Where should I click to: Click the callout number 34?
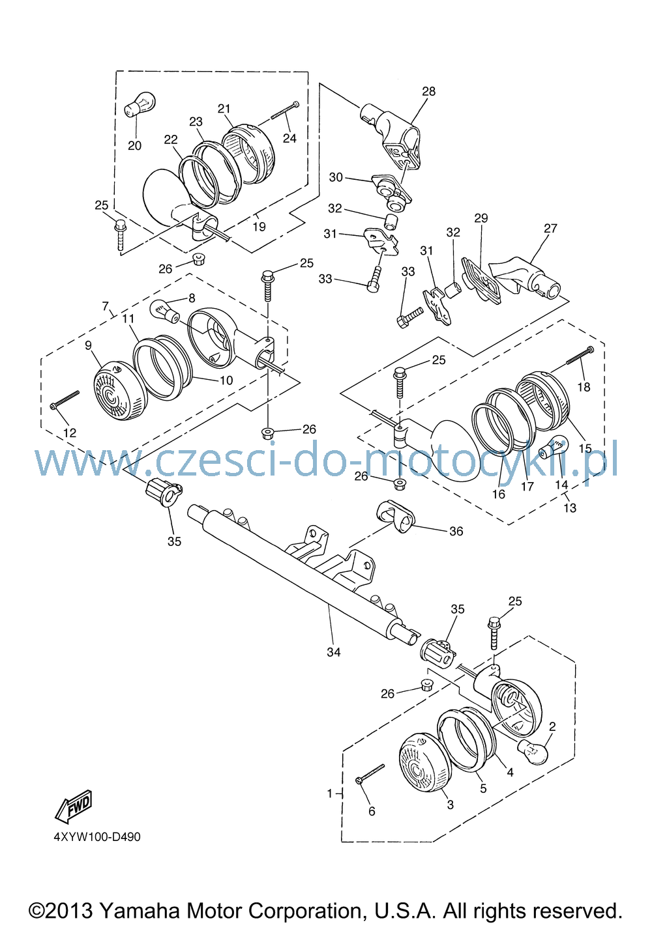[x=333, y=652]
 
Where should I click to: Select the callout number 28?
[x=429, y=91]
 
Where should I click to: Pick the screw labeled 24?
[x=284, y=110]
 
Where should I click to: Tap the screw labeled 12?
[x=65, y=399]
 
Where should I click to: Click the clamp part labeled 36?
[x=395, y=517]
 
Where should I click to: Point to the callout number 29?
[x=481, y=218]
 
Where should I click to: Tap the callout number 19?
[x=259, y=227]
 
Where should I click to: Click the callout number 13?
[x=570, y=507]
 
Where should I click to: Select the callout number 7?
[x=105, y=307]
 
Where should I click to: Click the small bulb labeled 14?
[x=554, y=447]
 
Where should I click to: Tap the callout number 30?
[x=336, y=177]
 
